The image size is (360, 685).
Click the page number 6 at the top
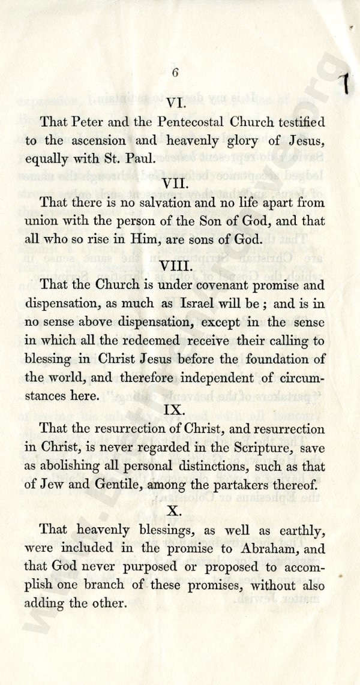click(175, 73)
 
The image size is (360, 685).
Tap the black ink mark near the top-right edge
click(346, 81)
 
